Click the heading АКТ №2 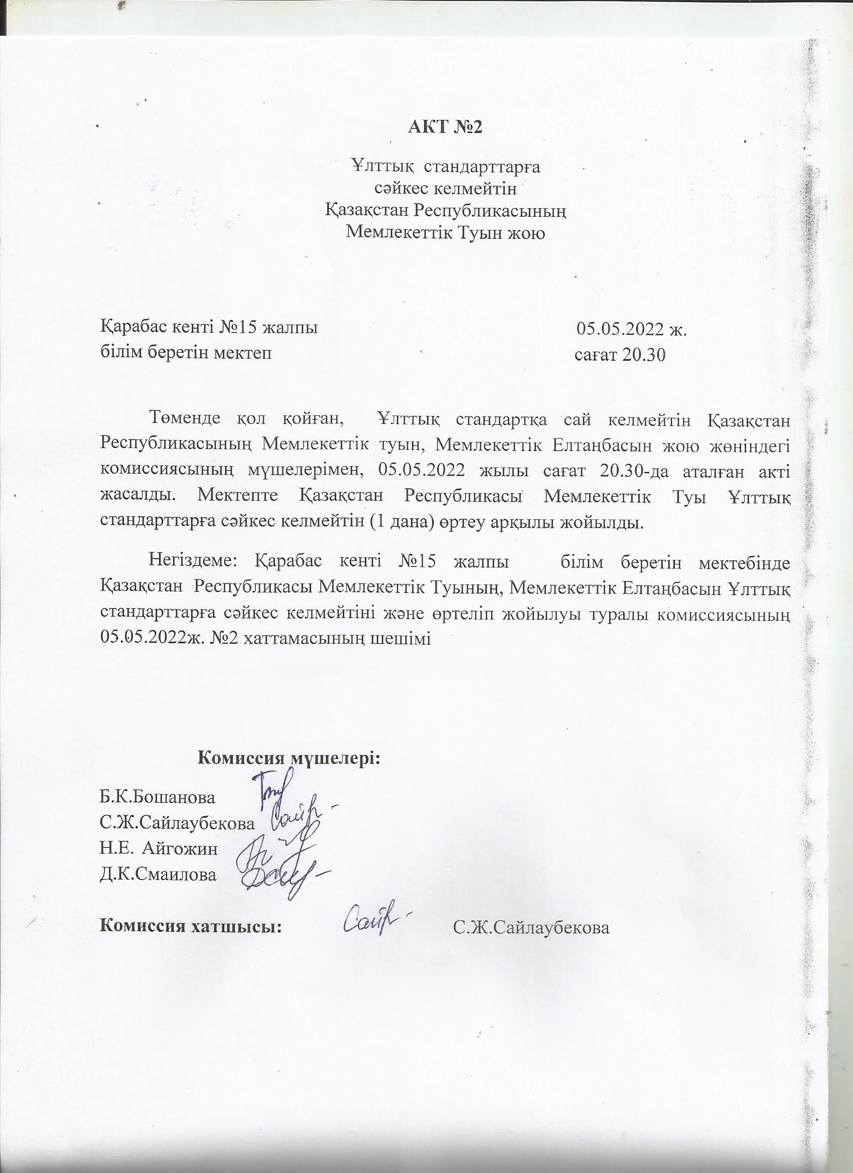point(445,127)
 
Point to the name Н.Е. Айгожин point(159,848)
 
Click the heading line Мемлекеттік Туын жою point(445,233)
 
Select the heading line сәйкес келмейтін point(446,189)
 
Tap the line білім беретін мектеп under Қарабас point(186,353)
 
